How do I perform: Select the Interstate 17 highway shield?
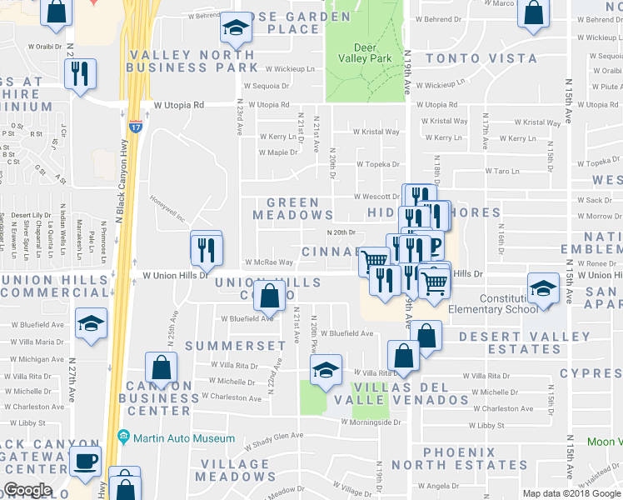135,127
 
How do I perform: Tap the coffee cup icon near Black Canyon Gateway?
86,461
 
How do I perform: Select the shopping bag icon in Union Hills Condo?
270,295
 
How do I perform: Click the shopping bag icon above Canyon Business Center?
161,367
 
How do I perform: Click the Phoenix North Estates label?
443,457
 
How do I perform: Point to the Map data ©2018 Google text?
571,493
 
